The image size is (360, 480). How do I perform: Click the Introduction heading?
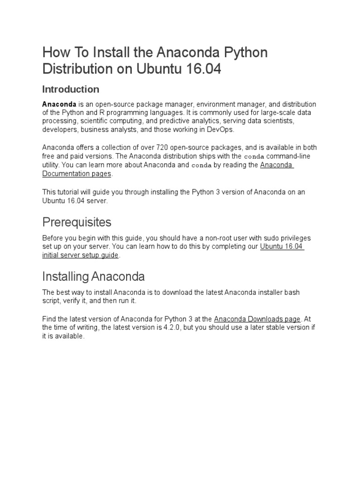[71, 89]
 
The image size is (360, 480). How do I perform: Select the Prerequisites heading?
[77, 221]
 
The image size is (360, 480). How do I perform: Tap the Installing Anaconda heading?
[93, 276]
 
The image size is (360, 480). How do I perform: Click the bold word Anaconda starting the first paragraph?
[60, 104]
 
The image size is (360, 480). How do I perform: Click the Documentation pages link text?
[77, 173]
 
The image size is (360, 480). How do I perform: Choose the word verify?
[72, 300]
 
